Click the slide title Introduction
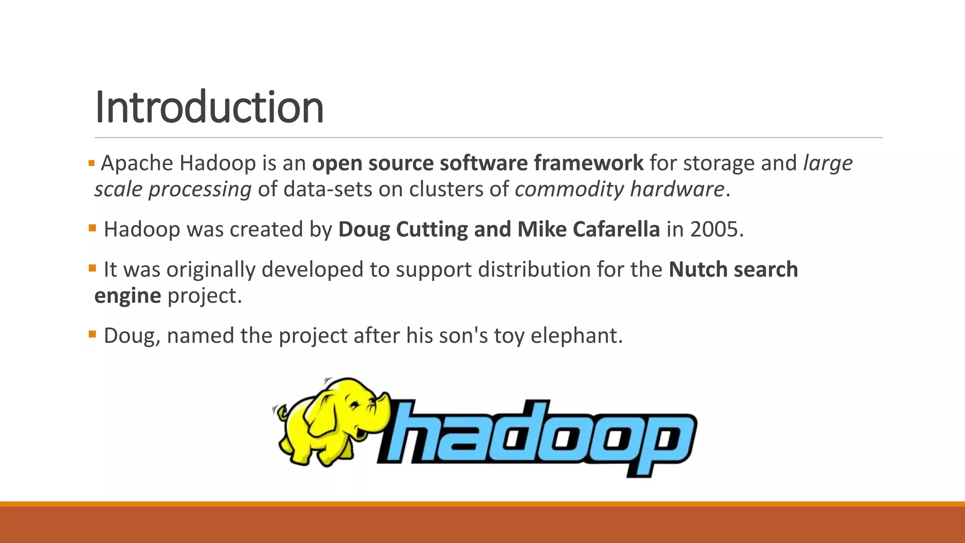coord(209,107)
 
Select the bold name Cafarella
coord(616,230)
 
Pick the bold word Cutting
coord(432,230)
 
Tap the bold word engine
coord(128,296)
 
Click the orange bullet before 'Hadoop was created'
coord(92,229)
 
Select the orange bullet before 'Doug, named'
coord(92,335)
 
